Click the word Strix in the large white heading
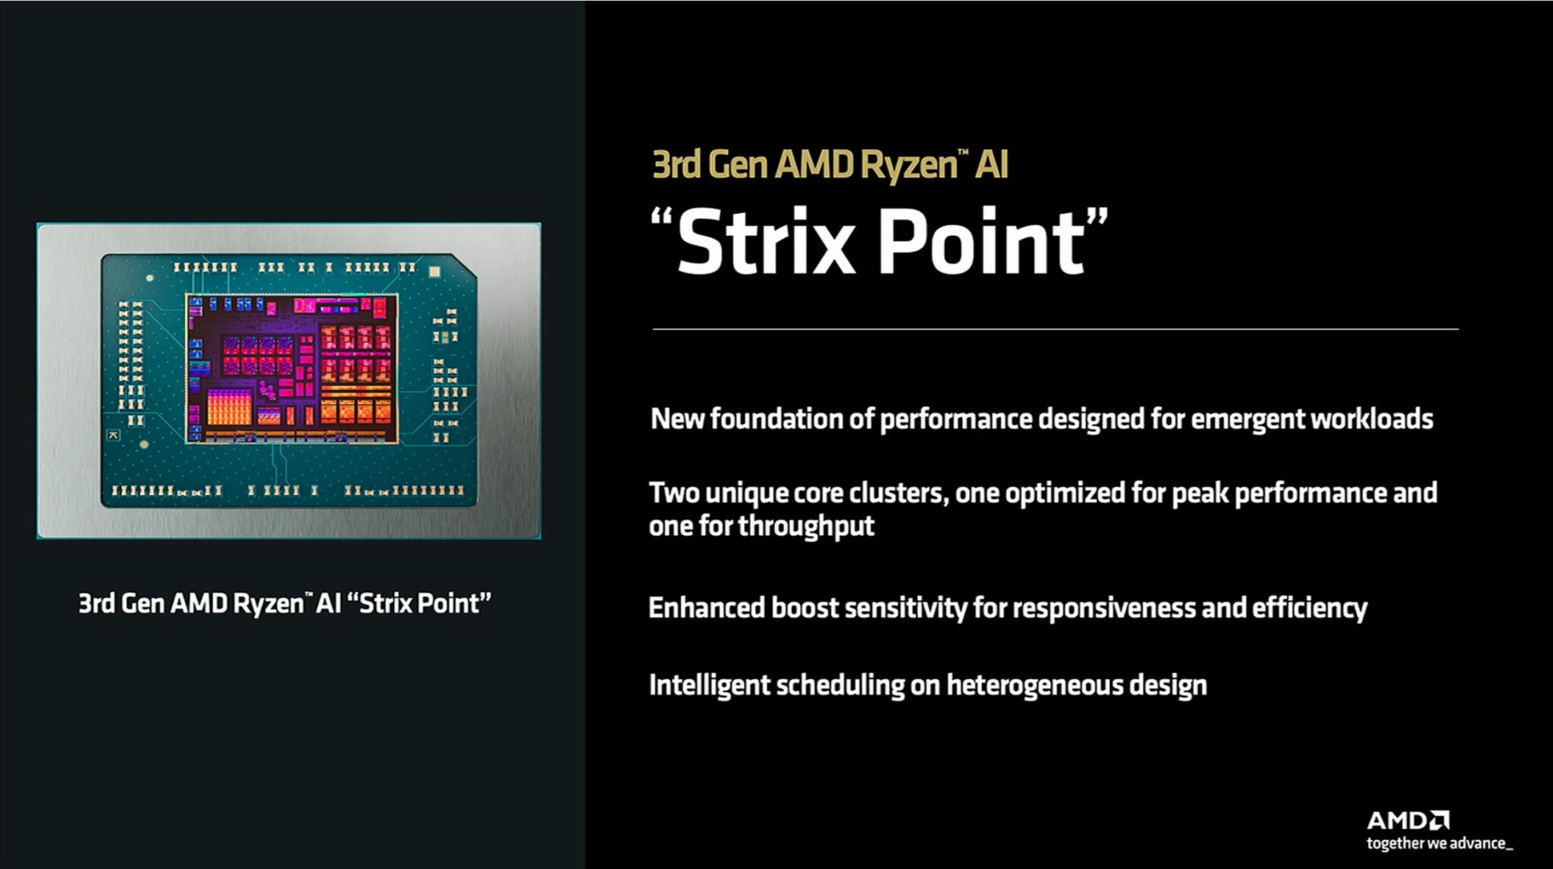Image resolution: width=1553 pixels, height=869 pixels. [x=766, y=243]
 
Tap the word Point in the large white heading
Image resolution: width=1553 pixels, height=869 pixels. [x=982, y=243]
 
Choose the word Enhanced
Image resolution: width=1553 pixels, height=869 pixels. [x=706, y=607]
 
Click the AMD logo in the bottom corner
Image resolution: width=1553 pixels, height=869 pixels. [x=1407, y=820]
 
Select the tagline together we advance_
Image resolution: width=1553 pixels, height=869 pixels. [x=1438, y=843]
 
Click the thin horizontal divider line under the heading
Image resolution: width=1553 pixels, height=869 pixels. [x=1055, y=329]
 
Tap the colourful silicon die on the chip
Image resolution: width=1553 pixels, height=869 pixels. [x=292, y=369]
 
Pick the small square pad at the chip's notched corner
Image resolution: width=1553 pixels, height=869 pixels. [x=435, y=271]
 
